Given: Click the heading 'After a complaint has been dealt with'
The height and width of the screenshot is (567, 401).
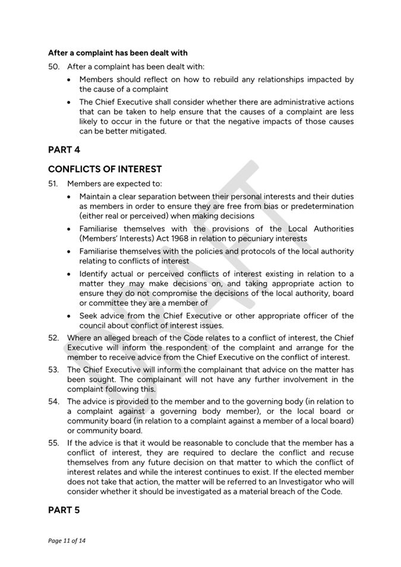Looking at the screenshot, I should coord(118,53).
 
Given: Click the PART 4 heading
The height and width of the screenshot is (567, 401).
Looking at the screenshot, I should coord(64,150).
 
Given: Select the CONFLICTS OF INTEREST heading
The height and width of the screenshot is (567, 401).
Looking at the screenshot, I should coord(105,170).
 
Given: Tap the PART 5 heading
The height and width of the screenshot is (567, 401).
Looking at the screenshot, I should coord(64,510).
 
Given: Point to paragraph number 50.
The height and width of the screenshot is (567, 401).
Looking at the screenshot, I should coord(53,66).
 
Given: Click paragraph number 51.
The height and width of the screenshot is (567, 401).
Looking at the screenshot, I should coord(53,183).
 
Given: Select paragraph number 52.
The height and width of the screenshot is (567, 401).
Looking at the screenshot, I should coord(53,338).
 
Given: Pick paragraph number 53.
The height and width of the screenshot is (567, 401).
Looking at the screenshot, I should coord(53,369).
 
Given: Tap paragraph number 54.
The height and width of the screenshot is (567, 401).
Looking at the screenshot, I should coord(53,401).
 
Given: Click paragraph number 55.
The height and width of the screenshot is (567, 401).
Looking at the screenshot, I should coord(53,443).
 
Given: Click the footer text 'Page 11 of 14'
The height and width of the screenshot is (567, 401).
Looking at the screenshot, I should coord(67,541).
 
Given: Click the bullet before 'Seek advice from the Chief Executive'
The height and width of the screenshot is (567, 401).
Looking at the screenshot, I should coord(71,316).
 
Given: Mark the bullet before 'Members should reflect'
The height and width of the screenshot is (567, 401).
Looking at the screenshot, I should coord(71,79).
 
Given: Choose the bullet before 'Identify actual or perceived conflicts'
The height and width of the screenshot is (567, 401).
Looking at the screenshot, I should coord(71,274).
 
